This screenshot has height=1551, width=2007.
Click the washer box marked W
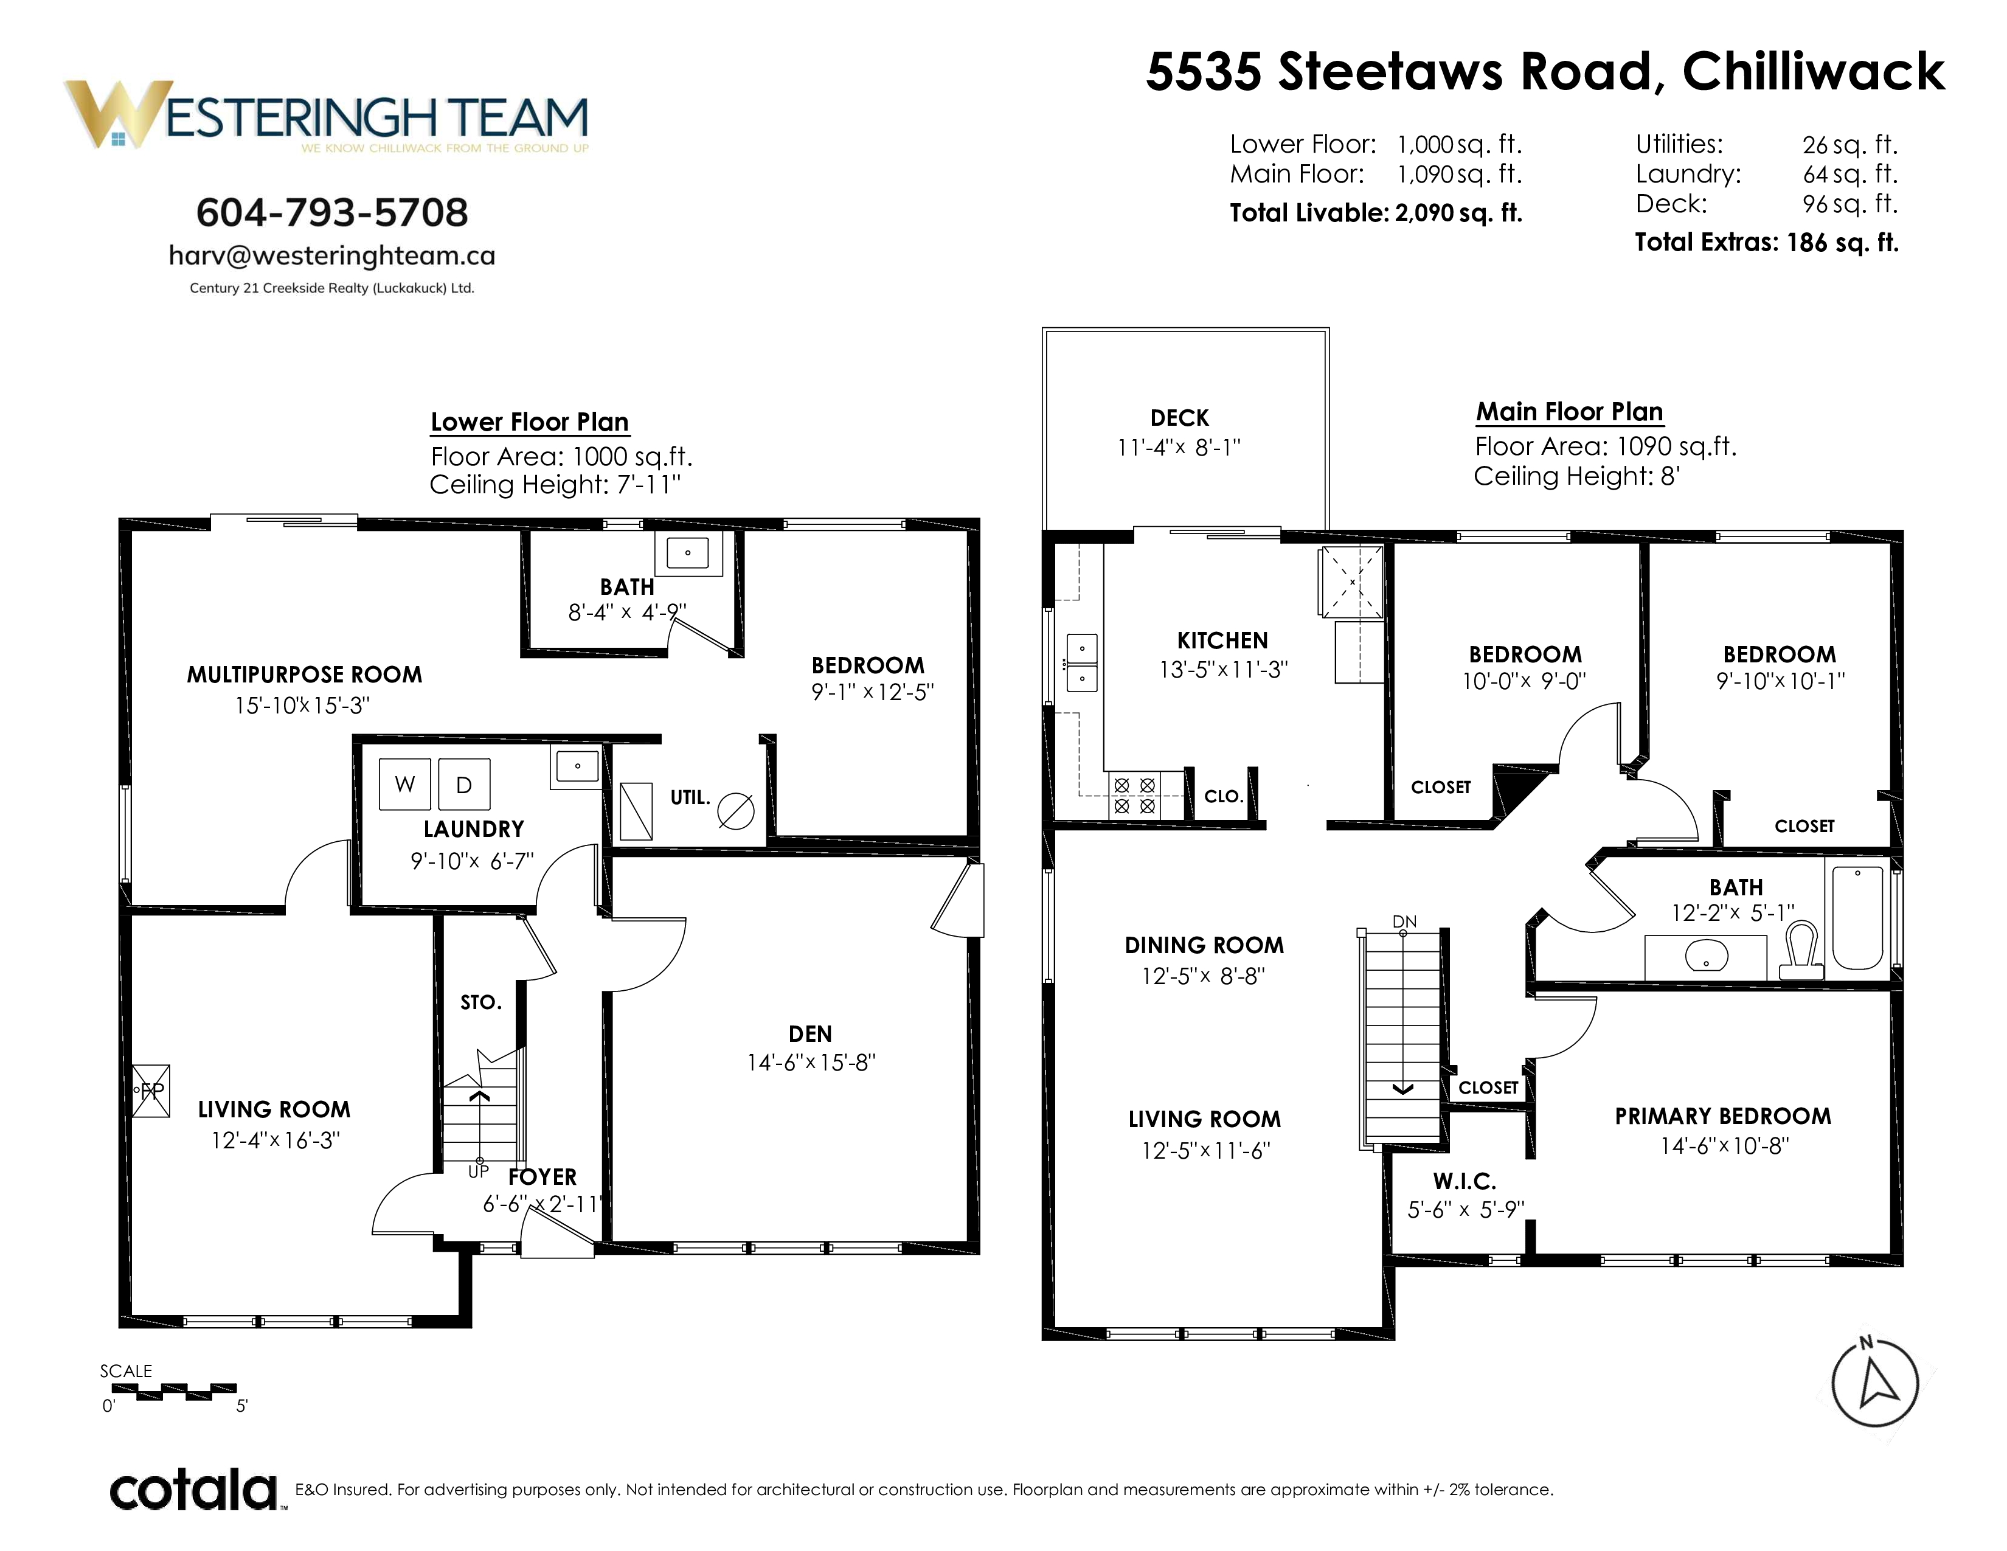click(405, 784)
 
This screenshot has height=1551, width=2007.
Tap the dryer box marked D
click(464, 784)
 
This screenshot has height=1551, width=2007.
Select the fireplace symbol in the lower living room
click(151, 1091)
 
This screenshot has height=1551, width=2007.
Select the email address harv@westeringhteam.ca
click(331, 255)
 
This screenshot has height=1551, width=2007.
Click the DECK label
click(1179, 418)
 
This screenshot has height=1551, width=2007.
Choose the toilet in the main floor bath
click(1801, 950)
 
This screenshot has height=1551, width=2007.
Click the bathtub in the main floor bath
click(1857, 917)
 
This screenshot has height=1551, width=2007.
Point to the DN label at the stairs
click(1404, 921)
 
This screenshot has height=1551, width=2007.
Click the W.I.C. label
click(1465, 1182)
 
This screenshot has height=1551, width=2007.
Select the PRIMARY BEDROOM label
click(1723, 1116)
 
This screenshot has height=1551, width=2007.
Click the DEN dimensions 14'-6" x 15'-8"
click(811, 1063)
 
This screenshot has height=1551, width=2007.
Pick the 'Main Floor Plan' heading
click(1570, 412)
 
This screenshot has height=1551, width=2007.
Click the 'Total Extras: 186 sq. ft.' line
click(1766, 243)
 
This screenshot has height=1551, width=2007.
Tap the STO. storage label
click(480, 1002)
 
